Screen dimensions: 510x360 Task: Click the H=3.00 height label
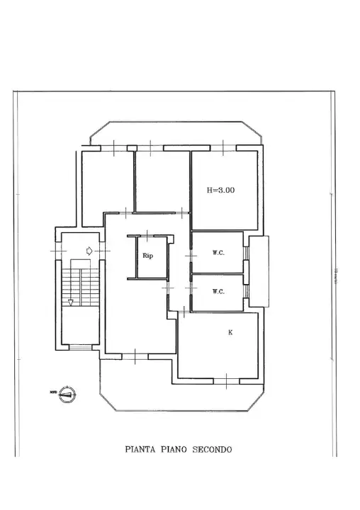tap(220, 190)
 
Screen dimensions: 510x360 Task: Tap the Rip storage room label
tap(147, 256)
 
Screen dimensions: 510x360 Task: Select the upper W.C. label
tap(218, 253)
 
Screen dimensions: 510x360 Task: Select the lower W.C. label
tap(218, 291)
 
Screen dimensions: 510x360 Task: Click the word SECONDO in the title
tap(212, 449)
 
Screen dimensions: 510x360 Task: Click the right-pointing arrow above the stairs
tap(88, 251)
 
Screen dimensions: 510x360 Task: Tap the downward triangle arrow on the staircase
tap(71, 302)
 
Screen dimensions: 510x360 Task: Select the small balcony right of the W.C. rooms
tap(259, 272)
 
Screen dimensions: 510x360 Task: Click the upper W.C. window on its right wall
tap(246, 253)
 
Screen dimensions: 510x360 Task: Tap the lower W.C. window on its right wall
tap(246, 291)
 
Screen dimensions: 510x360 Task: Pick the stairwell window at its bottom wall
tap(79, 347)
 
